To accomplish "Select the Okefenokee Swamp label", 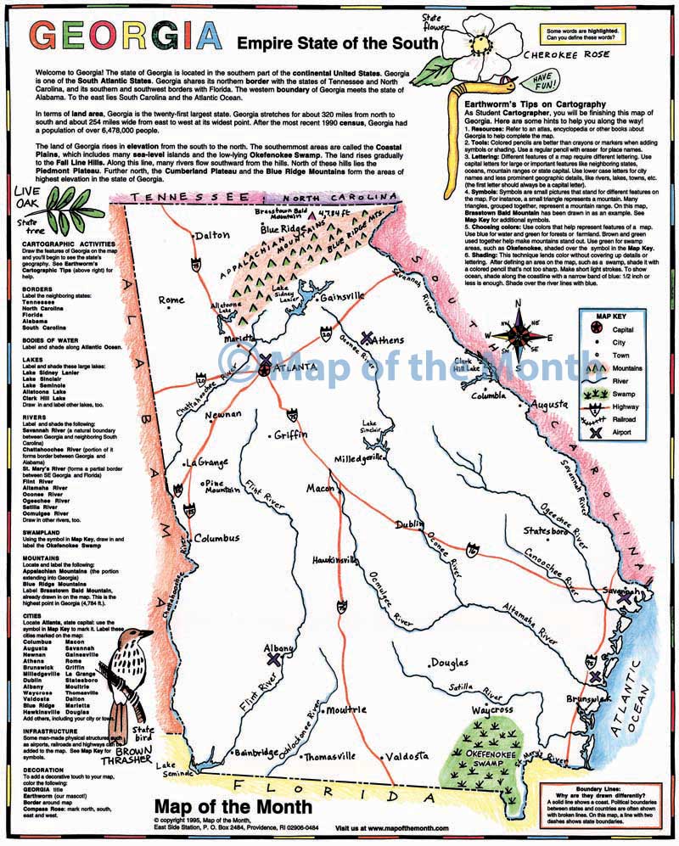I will click(489, 755).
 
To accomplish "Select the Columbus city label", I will click(216, 538).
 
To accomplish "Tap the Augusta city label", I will click(553, 406).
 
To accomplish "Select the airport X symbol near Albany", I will click(273, 658).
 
